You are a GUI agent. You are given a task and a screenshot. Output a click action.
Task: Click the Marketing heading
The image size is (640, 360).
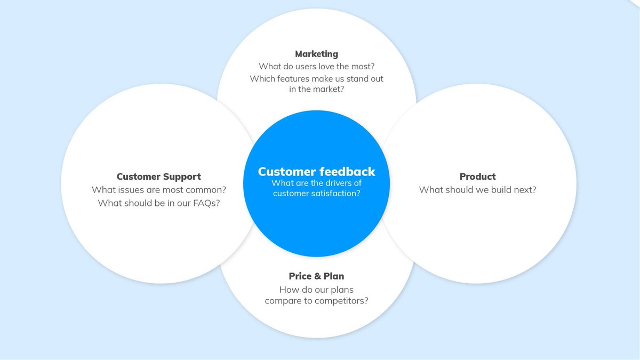tap(316, 54)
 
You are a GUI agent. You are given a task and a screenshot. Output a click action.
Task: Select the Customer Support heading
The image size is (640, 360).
tap(159, 177)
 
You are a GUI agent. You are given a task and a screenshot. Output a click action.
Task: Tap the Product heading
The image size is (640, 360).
tap(477, 177)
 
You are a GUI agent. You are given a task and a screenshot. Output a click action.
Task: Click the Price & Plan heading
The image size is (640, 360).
tap(316, 276)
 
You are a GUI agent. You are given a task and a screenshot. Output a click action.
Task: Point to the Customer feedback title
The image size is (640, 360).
tap(316, 172)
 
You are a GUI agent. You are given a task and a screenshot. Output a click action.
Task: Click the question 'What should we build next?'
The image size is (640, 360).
tap(477, 190)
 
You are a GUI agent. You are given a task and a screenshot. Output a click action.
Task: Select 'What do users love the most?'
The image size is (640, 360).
tap(316, 67)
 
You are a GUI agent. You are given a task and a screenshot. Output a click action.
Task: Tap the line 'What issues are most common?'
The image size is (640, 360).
tap(159, 190)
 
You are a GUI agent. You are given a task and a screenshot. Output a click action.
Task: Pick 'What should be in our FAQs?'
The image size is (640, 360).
tap(159, 203)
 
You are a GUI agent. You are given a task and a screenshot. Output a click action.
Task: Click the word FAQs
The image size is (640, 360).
tap(206, 203)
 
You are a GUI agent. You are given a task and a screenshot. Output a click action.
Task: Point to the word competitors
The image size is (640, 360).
tap(340, 301)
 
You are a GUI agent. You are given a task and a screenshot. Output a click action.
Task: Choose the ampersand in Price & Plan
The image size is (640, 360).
tap(316, 276)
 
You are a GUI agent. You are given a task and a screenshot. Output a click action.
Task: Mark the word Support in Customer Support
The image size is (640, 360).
tap(183, 177)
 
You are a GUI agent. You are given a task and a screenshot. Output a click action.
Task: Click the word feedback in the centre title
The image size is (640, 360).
tap(347, 172)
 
